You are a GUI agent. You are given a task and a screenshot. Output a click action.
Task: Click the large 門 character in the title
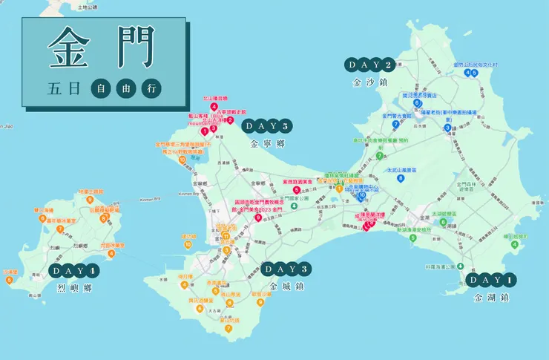click(x=134, y=49)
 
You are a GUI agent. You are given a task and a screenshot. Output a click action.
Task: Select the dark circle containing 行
click(x=151, y=88)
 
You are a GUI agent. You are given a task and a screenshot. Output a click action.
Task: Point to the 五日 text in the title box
click(x=63, y=88)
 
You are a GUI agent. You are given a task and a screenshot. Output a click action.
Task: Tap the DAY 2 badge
click(x=369, y=65)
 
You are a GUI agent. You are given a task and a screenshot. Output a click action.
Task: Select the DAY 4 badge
click(x=74, y=270)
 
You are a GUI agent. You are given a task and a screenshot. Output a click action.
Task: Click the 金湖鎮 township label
click(x=492, y=298)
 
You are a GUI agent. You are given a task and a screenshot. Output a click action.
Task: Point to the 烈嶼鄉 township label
click(x=74, y=288)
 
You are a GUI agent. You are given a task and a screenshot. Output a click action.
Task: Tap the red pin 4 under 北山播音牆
click(x=214, y=107)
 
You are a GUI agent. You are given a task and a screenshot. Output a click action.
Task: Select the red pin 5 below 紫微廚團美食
click(x=297, y=190)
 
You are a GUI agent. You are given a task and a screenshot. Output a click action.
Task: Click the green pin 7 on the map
click(x=379, y=156)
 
